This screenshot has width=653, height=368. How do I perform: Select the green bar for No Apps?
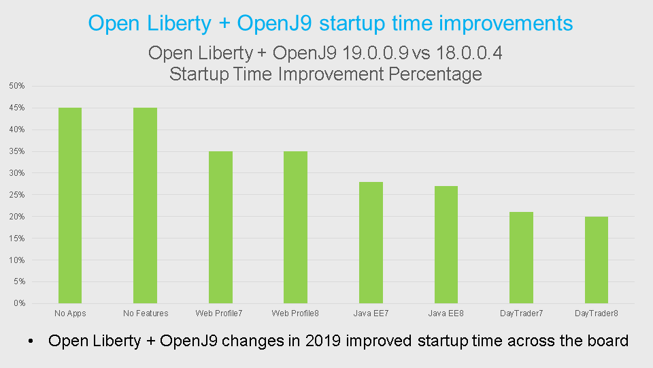coord(70,205)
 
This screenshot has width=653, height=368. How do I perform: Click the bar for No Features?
coord(146,205)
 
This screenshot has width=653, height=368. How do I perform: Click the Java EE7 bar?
coord(371,243)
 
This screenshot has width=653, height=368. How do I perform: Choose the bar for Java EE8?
coord(446,245)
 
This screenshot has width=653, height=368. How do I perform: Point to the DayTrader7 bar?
coord(521,258)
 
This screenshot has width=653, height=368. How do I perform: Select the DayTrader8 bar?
coord(597,260)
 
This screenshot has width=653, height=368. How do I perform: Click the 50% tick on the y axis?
coord(17,86)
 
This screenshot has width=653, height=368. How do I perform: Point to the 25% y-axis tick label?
coord(17,195)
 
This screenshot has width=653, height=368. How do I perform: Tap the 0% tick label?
coord(19,303)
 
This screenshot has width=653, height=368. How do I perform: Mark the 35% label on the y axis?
coord(17,151)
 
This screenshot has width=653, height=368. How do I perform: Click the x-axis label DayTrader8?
coord(597,313)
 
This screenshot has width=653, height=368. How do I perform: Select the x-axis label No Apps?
coord(70,313)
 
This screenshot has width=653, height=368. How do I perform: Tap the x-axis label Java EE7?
coord(371,313)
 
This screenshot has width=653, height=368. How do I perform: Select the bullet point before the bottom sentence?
coord(31,341)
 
